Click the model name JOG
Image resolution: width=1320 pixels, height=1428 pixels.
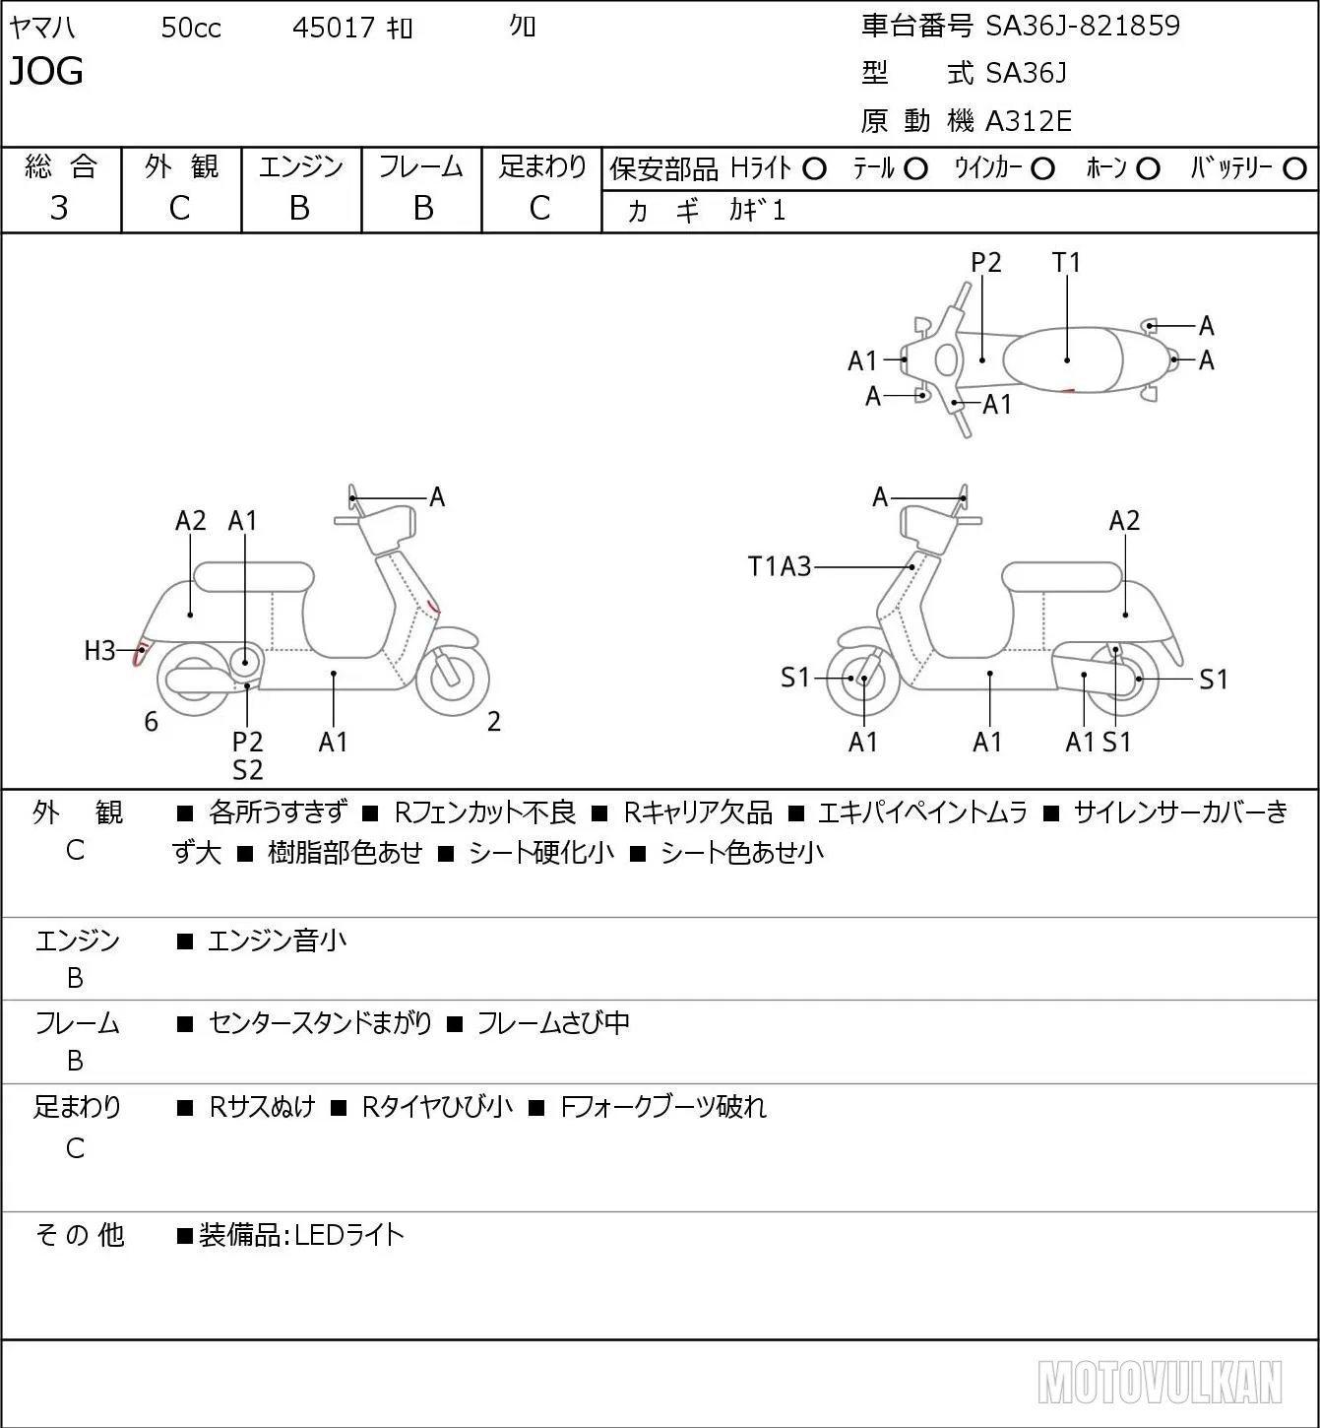tap(46, 71)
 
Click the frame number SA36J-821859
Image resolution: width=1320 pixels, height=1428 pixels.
tap(1083, 26)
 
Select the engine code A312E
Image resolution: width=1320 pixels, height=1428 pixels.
tap(1028, 121)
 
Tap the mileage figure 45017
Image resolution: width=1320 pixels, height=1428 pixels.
tap(333, 28)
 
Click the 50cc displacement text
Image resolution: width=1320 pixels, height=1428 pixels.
tap(191, 28)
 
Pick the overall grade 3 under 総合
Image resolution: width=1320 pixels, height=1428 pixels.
tap(59, 208)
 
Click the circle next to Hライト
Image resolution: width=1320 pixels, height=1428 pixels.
tap(814, 169)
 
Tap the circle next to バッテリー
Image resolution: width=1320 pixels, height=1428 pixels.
tap(1294, 169)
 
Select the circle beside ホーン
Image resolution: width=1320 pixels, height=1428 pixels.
tap(1148, 169)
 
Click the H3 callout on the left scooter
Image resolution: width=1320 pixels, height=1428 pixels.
tap(99, 651)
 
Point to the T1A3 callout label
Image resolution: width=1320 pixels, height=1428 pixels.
tap(780, 566)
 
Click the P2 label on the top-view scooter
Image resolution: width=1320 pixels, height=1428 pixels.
tap(985, 262)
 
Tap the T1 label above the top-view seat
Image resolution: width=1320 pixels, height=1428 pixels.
tap(1066, 262)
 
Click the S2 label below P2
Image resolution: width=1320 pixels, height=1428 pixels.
tap(247, 770)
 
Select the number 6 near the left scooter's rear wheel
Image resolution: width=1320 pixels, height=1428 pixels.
tap(151, 721)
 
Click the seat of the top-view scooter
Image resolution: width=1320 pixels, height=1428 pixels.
tap(1061, 359)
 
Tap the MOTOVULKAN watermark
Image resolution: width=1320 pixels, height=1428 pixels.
tap(1160, 1382)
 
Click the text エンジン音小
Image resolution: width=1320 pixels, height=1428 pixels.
tap(277, 941)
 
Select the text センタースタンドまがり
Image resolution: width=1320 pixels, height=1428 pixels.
tap(320, 1022)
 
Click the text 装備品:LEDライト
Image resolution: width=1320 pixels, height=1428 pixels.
tap(301, 1235)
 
